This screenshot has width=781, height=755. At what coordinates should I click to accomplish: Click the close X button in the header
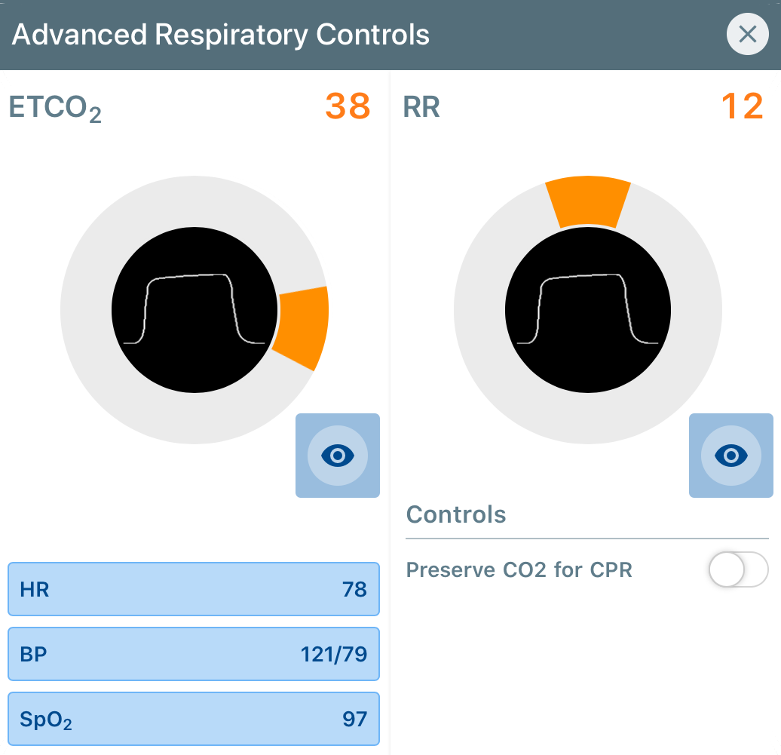(747, 35)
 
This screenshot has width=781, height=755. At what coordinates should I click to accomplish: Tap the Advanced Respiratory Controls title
(221, 35)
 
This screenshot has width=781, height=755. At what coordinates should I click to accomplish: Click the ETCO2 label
(55, 109)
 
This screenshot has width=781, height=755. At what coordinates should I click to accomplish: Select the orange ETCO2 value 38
(348, 106)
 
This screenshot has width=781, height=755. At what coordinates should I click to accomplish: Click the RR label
(421, 107)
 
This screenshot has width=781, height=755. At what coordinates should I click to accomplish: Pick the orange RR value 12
(743, 106)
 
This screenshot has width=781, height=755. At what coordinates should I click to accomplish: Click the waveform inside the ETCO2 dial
(194, 309)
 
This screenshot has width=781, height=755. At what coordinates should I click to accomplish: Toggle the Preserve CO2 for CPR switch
(738, 569)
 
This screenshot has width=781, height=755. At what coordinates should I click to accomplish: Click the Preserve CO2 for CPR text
(519, 569)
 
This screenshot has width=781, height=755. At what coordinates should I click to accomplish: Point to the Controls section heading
(455, 514)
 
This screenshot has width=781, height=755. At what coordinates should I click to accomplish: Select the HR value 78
(354, 589)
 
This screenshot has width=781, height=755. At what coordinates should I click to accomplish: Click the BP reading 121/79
(333, 654)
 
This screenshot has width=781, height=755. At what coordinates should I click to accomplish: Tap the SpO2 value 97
(354, 719)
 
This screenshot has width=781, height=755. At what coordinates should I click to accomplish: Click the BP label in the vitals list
(35, 654)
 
